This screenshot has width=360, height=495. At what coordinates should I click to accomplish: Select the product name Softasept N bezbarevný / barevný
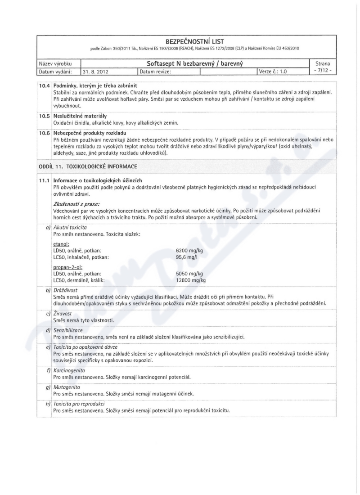(195, 63)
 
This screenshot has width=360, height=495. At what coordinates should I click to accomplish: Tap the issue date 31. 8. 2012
(98, 71)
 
